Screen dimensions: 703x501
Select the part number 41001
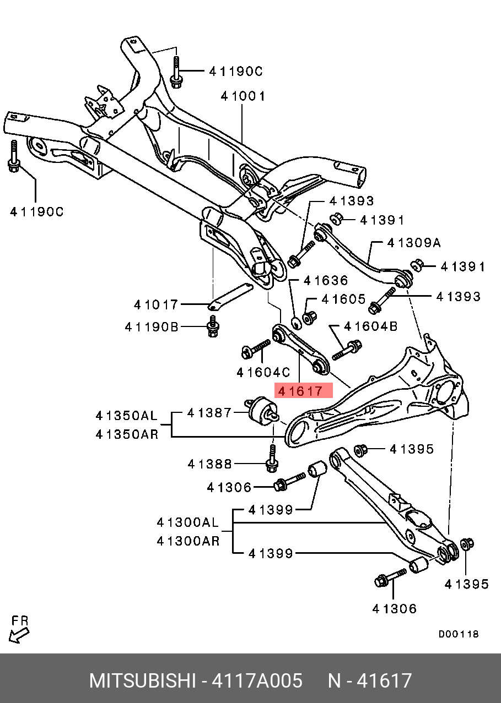[243, 96]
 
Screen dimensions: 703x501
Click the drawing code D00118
[459, 634]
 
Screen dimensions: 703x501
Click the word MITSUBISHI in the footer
[142, 681]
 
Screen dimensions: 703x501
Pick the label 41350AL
[127, 415]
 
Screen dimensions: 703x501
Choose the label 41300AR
[188, 541]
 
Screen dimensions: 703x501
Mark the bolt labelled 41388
[271, 459]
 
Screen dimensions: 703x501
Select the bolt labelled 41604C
[255, 349]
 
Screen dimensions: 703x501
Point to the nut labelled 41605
[310, 318]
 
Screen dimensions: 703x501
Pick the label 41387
[209, 412]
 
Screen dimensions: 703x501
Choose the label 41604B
[370, 326]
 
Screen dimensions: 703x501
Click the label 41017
[156, 304]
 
